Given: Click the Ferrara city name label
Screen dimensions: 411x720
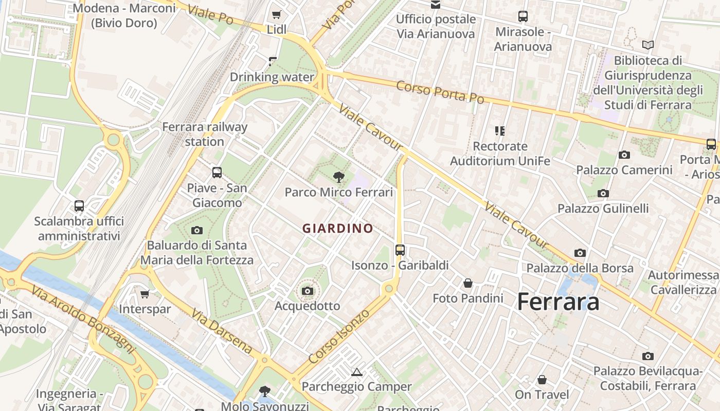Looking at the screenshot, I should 558,301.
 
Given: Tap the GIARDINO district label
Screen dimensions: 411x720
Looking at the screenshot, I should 338,228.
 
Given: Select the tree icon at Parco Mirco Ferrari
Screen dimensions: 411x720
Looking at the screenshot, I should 338,178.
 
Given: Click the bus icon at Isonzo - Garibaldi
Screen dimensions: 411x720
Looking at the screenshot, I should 400,250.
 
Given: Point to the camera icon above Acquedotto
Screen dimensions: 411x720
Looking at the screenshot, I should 308,291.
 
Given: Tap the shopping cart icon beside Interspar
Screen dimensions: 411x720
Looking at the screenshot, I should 145,294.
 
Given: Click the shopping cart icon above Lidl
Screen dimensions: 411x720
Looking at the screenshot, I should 277,14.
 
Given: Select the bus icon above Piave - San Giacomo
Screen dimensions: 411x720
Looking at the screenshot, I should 217,173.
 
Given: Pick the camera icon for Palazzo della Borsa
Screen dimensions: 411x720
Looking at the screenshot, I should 580,253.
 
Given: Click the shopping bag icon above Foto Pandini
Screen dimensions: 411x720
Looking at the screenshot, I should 468,283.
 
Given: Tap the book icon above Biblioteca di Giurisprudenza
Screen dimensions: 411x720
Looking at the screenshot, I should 648,45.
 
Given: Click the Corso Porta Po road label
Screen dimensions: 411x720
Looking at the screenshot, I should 440,92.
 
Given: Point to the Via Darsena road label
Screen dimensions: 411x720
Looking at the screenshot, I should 222,331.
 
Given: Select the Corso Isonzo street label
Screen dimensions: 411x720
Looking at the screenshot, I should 339,336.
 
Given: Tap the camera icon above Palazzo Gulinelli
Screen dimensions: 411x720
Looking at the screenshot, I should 603,194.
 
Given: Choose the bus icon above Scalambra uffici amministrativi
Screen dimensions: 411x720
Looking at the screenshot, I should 79,206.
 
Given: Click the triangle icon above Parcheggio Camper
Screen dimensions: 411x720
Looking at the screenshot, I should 356,371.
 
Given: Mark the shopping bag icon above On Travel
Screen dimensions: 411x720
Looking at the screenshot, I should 542,380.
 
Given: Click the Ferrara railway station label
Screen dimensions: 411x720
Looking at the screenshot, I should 205,134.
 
